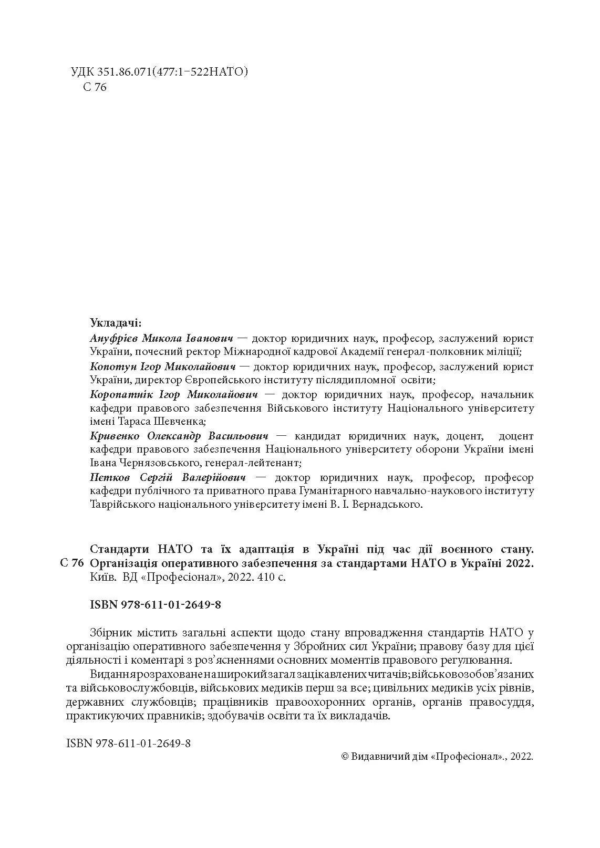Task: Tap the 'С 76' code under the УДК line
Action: pos(95,87)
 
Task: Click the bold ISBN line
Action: pos(156,605)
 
